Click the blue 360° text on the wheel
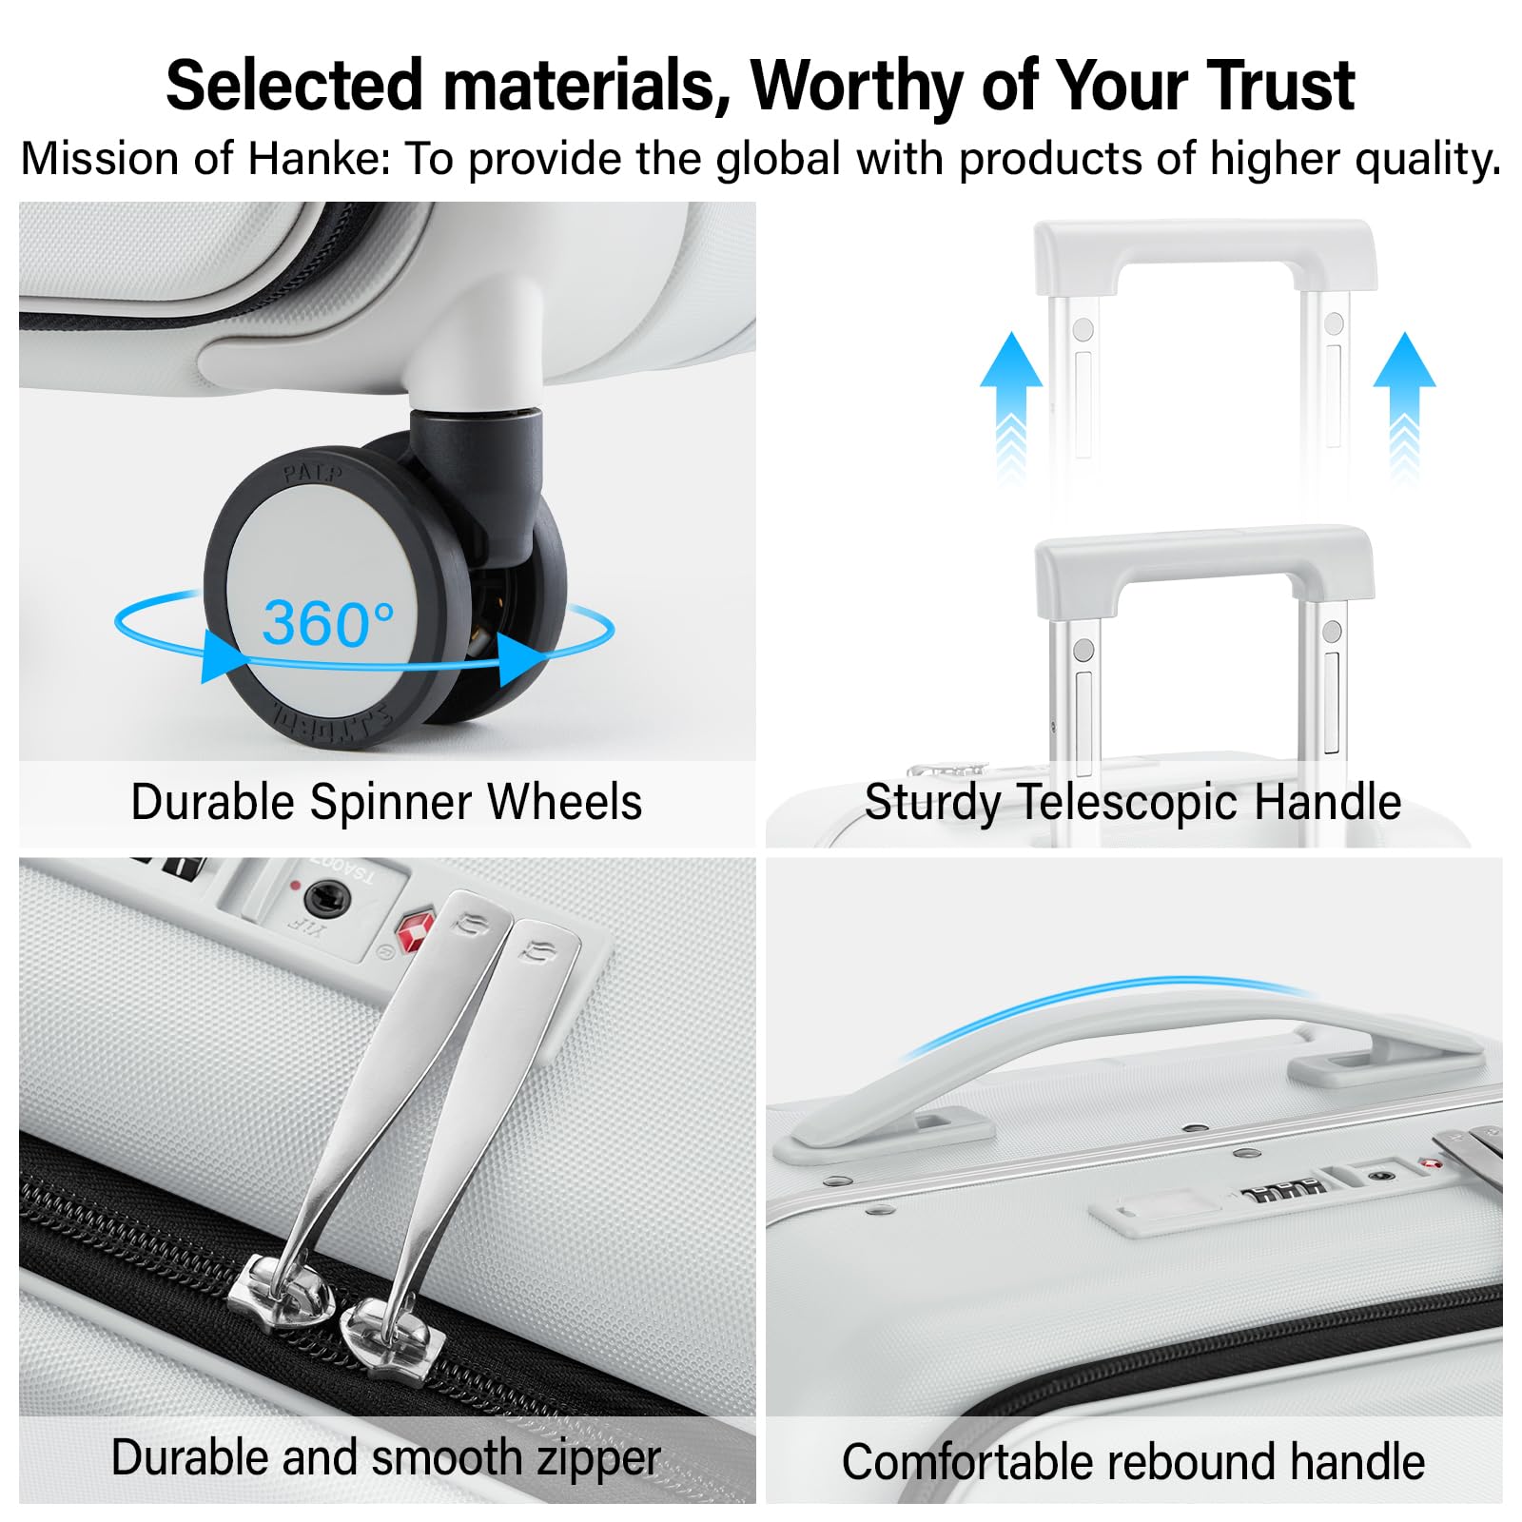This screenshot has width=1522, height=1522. pos(328,624)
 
